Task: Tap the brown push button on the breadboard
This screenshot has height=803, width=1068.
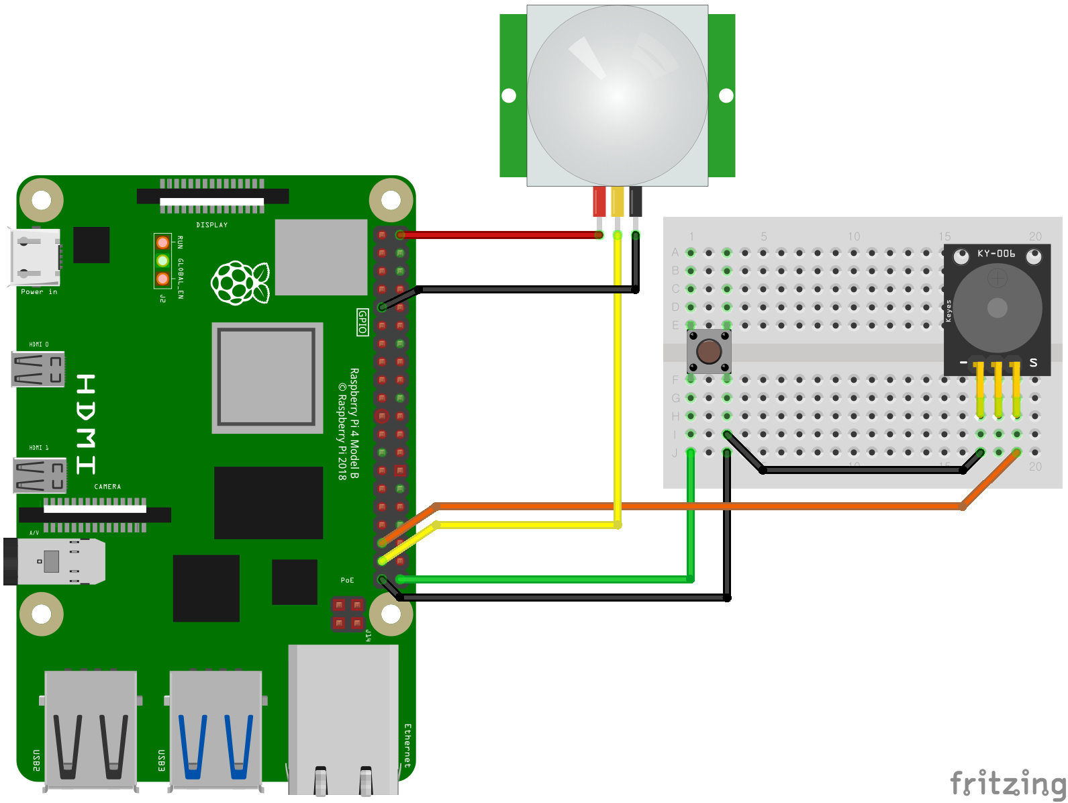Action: pos(709,350)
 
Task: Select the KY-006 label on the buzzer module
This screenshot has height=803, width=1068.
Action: pos(996,254)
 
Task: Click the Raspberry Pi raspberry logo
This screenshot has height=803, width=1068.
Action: pos(240,282)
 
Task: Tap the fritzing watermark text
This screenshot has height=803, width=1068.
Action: pos(1008,784)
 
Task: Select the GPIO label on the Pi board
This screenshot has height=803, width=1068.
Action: pos(362,322)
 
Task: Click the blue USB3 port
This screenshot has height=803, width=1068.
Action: pos(216,728)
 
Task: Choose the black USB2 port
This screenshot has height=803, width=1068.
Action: pos(91,728)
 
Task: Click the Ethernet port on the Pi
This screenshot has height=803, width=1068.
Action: pos(343,718)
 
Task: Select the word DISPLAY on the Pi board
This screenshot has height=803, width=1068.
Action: pos(212,225)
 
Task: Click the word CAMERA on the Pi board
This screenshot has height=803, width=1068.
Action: pos(107,487)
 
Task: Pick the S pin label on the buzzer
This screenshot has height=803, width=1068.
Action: pos(1033,363)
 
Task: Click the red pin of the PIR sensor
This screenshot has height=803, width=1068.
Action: pos(599,201)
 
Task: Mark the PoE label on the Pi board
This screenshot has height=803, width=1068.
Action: pos(347,580)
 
